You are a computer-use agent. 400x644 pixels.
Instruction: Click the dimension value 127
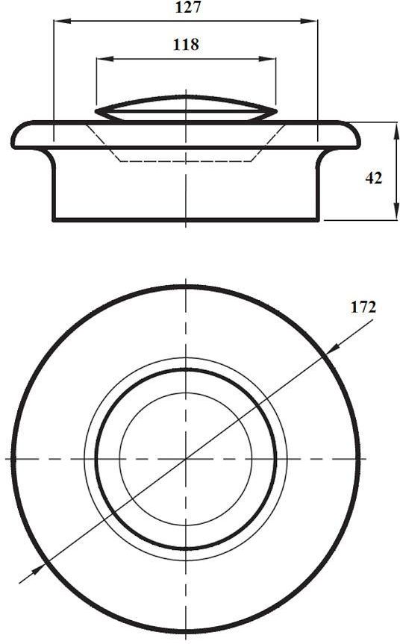tap(187, 7)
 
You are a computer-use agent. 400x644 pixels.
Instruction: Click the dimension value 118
tap(186, 44)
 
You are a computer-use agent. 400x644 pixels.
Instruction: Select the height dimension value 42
tap(374, 178)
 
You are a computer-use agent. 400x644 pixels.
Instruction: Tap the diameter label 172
tap(363, 307)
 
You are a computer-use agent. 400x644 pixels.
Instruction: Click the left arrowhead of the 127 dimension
tap(63, 21)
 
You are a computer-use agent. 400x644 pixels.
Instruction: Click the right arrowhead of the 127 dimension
tap(309, 21)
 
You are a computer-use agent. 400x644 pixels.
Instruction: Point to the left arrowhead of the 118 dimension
tap(104, 59)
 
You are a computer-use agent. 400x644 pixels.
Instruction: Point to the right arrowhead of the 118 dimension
tap(267, 59)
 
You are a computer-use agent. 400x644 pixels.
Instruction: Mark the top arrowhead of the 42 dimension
tap(396, 131)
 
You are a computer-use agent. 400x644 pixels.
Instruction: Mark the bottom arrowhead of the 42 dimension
tap(396, 212)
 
